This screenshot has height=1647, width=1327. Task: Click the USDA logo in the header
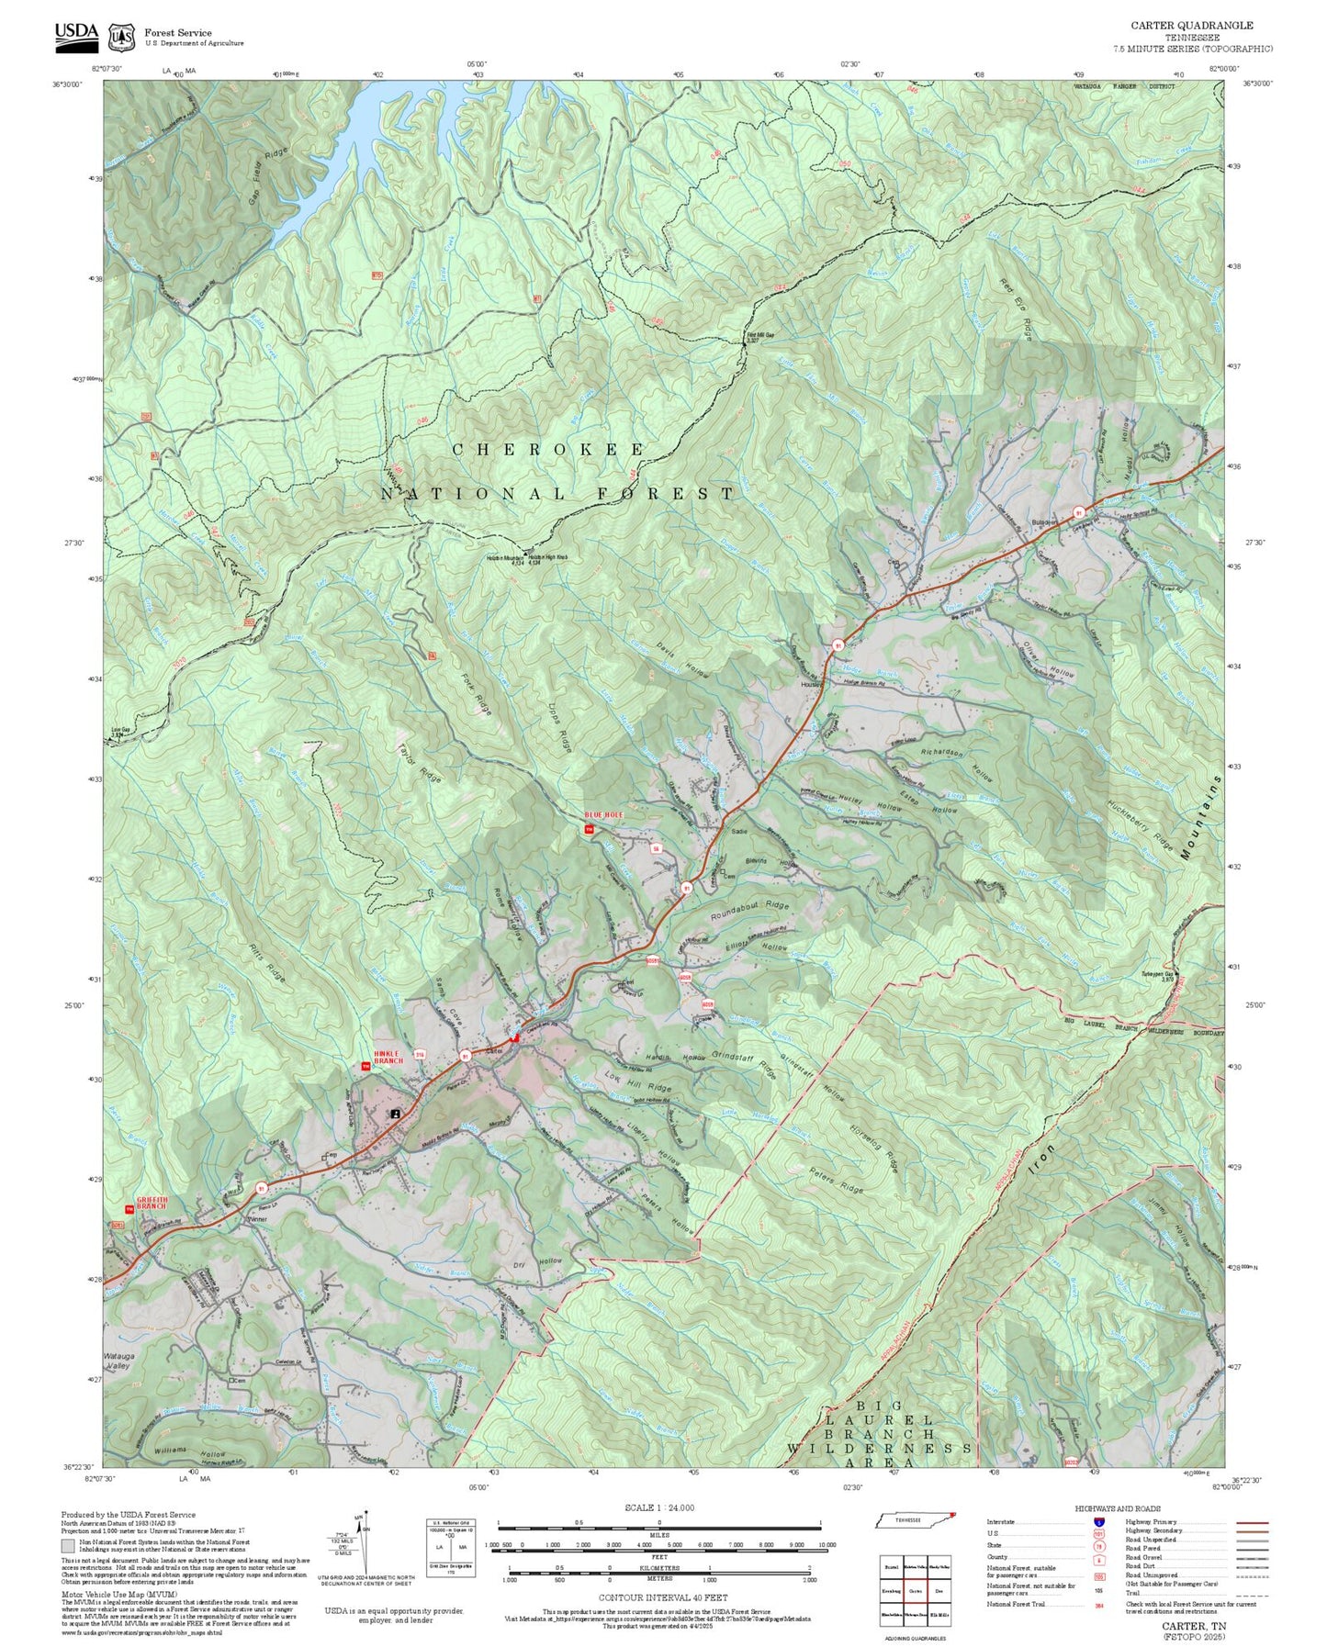point(75,33)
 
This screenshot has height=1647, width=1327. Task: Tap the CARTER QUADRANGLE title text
point(1191,25)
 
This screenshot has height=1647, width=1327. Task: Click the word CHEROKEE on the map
point(548,449)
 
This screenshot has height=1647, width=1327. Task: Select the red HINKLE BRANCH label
point(388,1057)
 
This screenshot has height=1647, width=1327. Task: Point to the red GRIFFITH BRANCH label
point(151,1203)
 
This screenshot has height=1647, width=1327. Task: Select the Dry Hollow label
point(537,1263)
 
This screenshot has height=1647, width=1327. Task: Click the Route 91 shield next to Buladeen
point(1079,512)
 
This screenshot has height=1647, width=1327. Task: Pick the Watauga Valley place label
point(118,1360)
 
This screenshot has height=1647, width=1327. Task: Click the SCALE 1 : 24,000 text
point(658,1507)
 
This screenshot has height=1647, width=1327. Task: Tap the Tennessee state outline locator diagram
point(914,1519)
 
